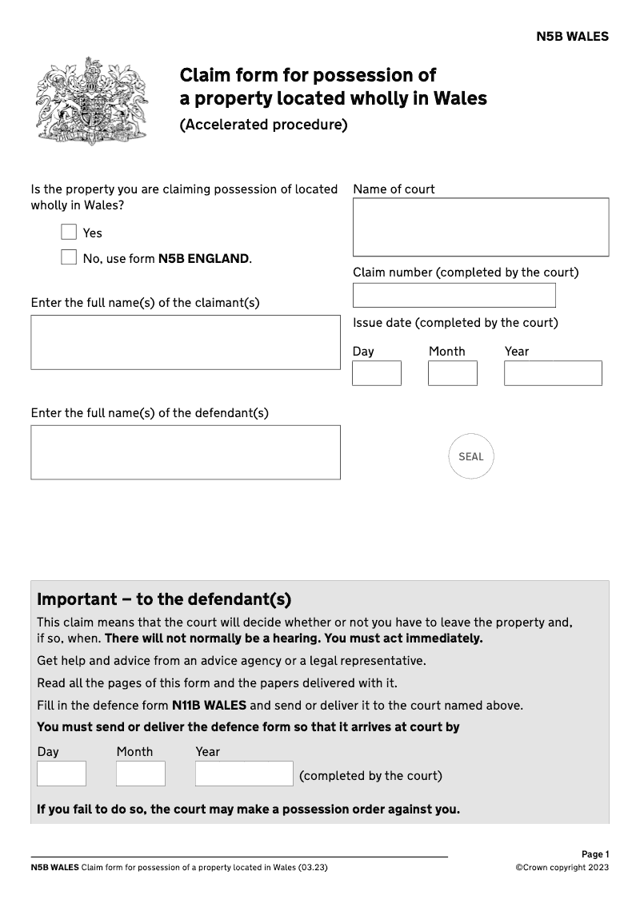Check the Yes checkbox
(x=69, y=233)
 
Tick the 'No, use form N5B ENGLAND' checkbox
(x=69, y=258)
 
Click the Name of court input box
(x=480, y=227)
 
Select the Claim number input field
(x=454, y=295)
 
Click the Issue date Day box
(x=376, y=373)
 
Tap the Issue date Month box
(x=452, y=373)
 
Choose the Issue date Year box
(x=552, y=373)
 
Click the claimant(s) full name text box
(x=185, y=342)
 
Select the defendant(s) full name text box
(x=185, y=452)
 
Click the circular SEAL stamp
(x=471, y=457)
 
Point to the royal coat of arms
(x=92, y=100)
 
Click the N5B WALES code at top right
(x=572, y=37)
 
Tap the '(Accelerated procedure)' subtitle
(x=263, y=125)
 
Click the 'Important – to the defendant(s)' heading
(x=164, y=599)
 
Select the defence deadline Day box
(x=61, y=774)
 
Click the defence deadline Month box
(x=140, y=774)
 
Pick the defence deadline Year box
(x=244, y=774)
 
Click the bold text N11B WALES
(x=209, y=706)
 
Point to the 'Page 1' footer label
(x=594, y=854)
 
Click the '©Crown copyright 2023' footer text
(x=562, y=868)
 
